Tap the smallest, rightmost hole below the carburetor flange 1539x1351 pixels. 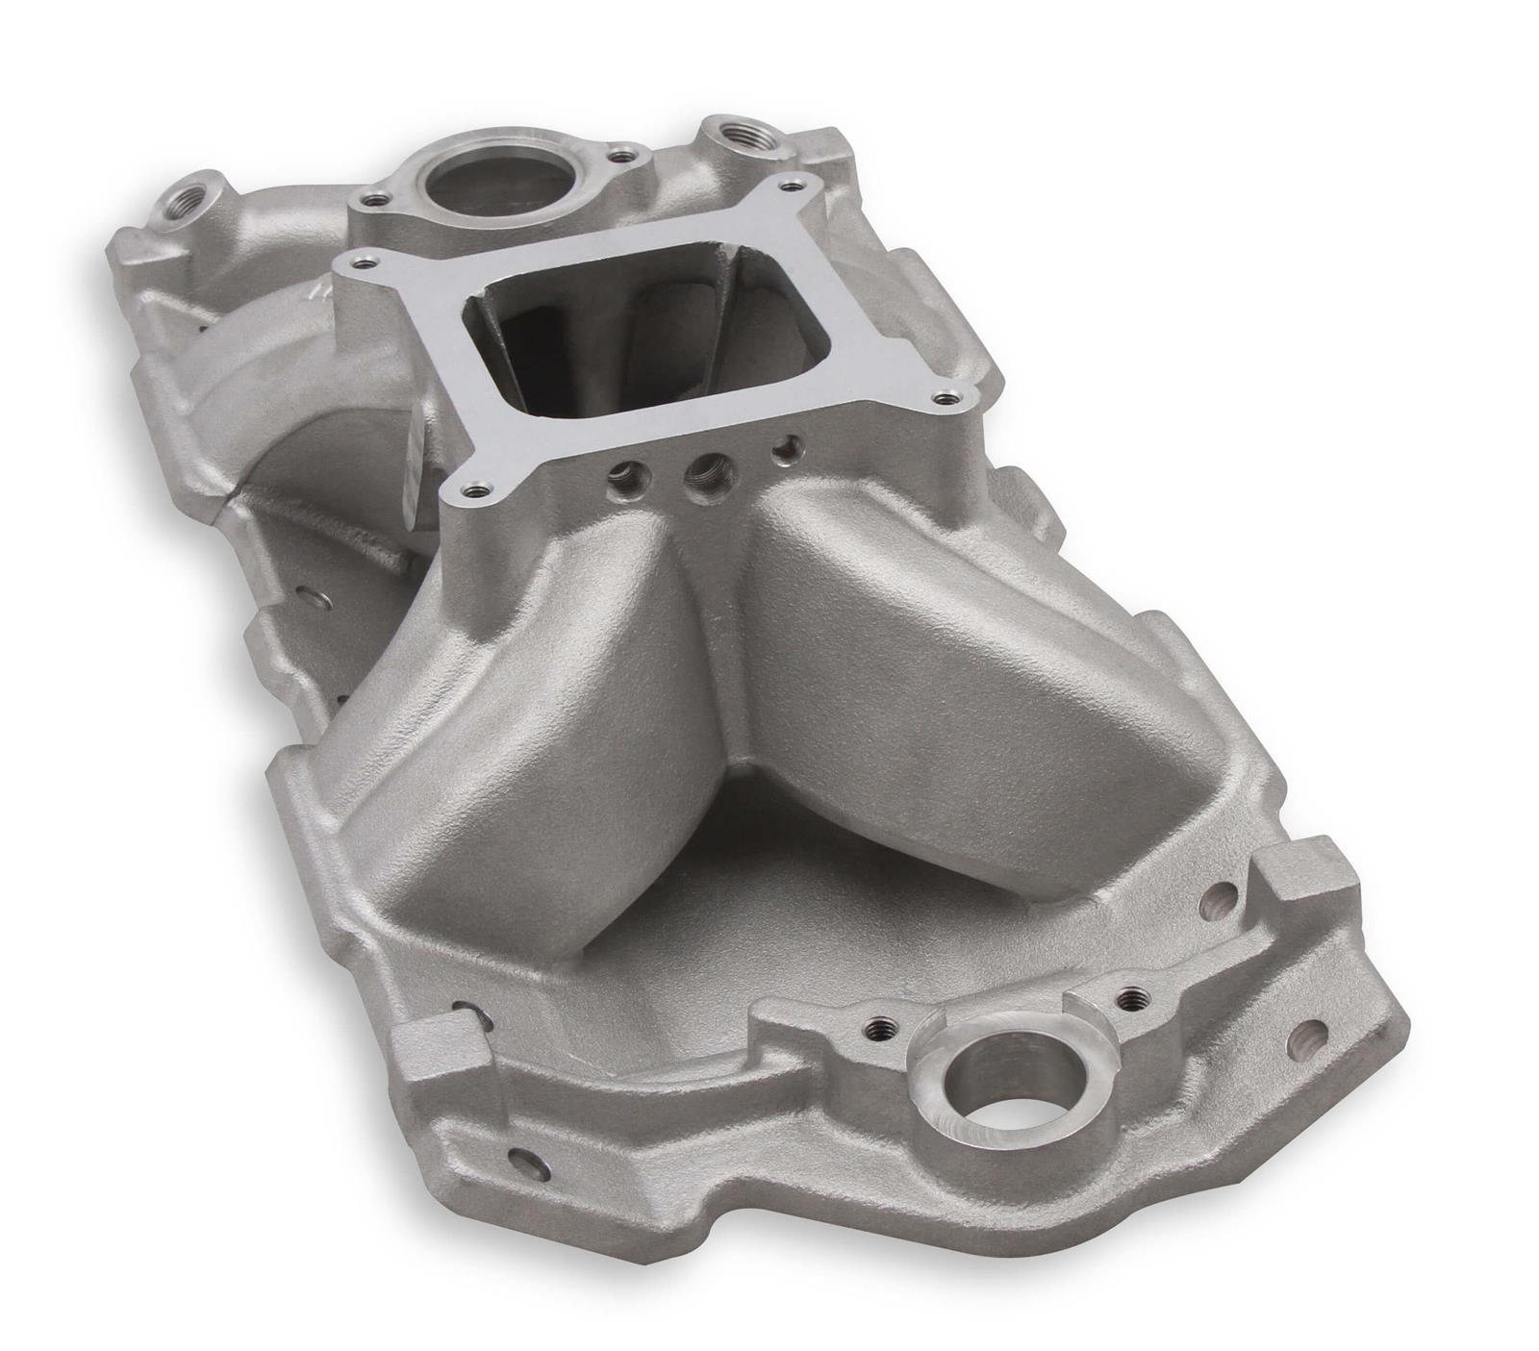791,445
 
